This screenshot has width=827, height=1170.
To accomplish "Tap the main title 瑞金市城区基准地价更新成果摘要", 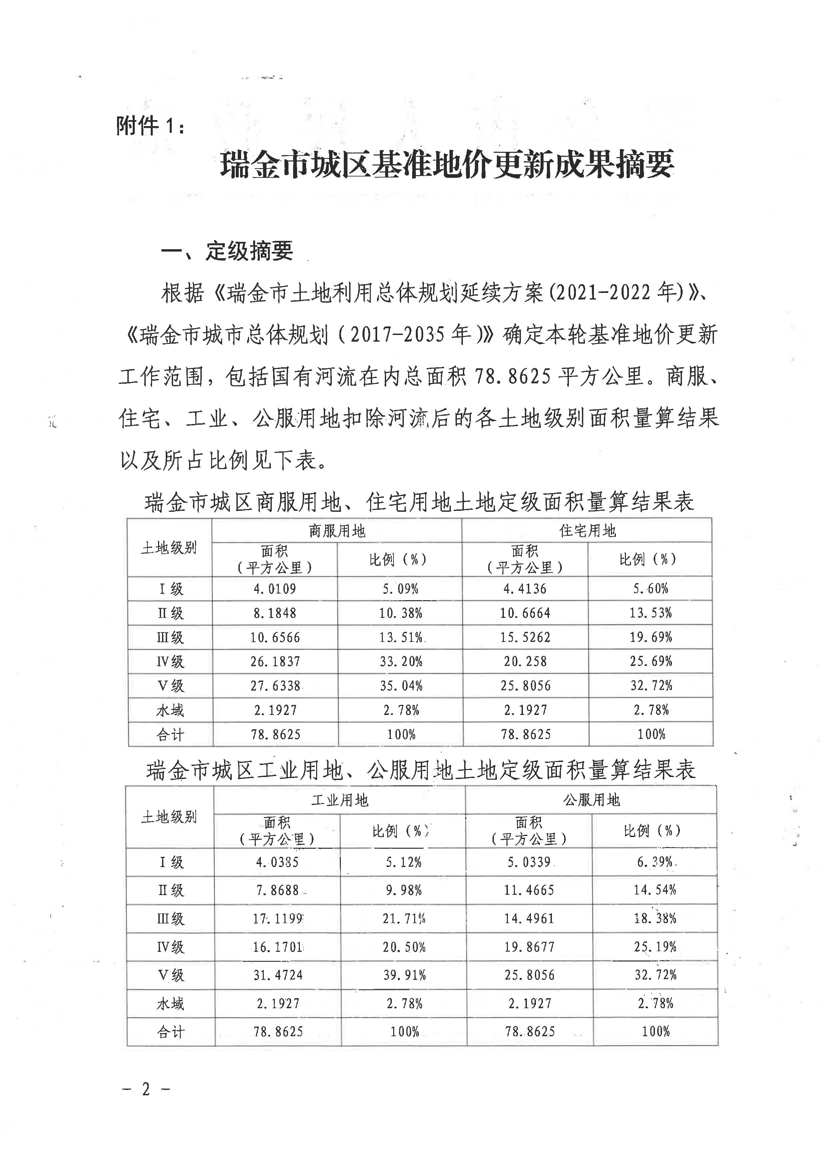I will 447,164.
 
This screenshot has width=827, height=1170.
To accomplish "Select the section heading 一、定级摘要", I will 227,251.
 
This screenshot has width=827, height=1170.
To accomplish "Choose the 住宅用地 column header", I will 587,531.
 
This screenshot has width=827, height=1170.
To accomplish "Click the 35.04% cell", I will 401,686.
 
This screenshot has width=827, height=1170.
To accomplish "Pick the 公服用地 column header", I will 591,800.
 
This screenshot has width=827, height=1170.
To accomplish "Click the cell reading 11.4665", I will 529,890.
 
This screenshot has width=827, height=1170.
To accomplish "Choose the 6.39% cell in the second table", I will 655,862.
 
